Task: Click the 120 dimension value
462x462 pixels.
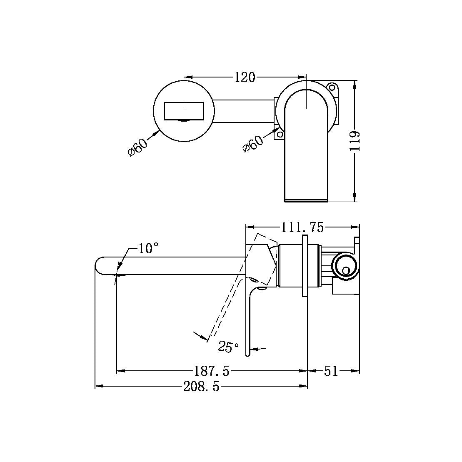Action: click(245, 77)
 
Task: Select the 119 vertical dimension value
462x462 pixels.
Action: click(354, 141)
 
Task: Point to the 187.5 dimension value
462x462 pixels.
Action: click(212, 371)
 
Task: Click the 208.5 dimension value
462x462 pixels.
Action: click(201, 387)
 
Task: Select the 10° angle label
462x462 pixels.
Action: click(148, 249)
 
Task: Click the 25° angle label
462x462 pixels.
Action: click(228, 347)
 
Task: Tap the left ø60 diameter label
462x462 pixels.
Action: click(137, 146)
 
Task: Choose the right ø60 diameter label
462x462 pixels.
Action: click(253, 143)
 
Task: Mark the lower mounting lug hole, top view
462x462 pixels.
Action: click(280, 134)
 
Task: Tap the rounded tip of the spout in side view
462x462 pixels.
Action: click(99, 266)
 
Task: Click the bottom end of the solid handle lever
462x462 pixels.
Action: click(247, 354)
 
